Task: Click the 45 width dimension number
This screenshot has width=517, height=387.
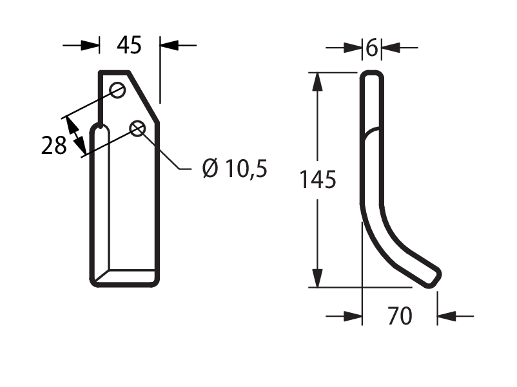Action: pos(129,45)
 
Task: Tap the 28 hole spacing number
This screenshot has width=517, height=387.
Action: pos(54,146)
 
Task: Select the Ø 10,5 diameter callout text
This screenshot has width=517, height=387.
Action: pos(235,168)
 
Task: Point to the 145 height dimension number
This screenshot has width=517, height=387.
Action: pos(318,180)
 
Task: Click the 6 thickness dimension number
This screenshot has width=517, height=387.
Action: pos(372,48)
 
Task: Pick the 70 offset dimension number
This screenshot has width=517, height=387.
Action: pos(400,316)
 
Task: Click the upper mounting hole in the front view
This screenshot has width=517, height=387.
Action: pos(117,90)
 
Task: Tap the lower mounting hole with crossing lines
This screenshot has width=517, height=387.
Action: pos(137,128)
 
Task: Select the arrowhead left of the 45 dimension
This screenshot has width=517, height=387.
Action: pos(90,46)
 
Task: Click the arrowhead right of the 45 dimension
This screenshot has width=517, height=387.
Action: pos(170,46)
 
